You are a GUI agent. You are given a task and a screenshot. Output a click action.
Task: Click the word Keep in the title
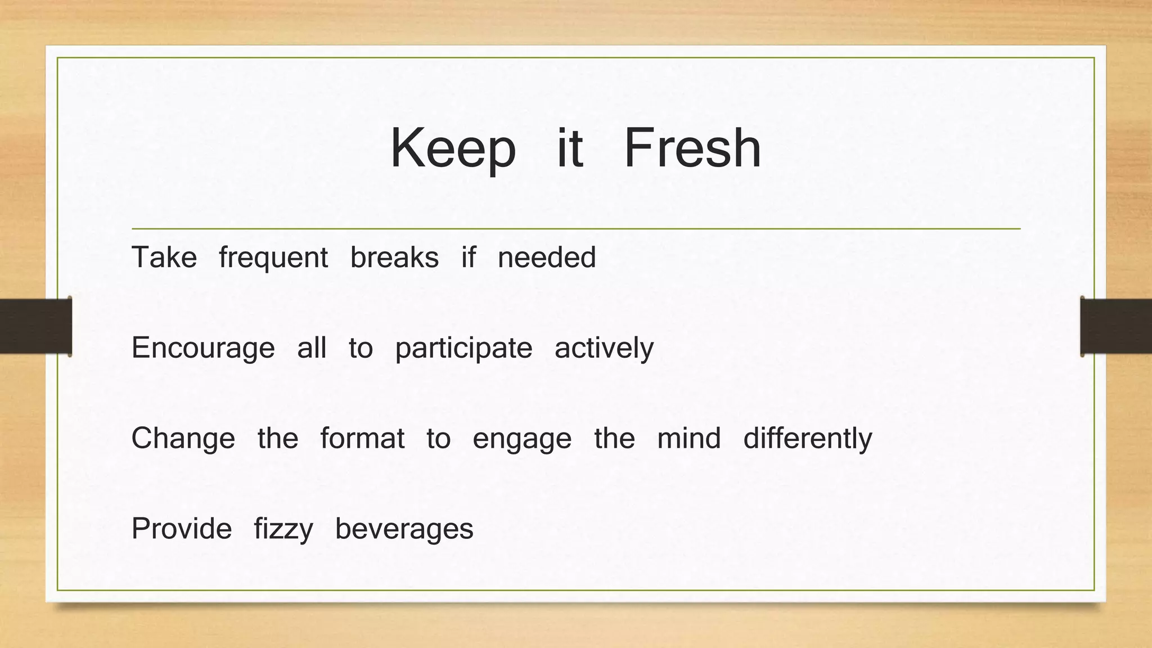[x=453, y=148]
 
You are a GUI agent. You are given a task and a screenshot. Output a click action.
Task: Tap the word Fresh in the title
[x=692, y=148]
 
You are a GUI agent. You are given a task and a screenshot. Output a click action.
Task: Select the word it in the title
[x=570, y=148]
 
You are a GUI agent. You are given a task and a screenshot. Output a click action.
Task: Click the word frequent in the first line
[x=273, y=258]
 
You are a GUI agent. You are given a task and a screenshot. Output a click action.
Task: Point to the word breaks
[x=394, y=258]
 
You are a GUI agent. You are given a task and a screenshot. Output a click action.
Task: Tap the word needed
[x=547, y=258]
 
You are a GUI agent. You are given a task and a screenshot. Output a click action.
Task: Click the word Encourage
[x=203, y=348]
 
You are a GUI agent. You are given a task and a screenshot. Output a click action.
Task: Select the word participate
[x=463, y=348]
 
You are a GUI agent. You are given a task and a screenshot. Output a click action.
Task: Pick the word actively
[x=604, y=348]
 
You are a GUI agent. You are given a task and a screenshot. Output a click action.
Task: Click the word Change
[x=183, y=438]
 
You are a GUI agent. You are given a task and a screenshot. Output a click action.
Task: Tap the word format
[x=362, y=438]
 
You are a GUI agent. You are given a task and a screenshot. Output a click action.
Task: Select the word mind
[x=689, y=438]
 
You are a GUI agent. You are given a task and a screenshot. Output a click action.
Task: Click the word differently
[x=808, y=438]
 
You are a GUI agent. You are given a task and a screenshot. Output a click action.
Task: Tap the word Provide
[x=182, y=529]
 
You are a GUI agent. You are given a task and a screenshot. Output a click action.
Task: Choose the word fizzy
[x=283, y=529]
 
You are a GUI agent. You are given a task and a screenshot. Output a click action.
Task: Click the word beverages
[x=404, y=529]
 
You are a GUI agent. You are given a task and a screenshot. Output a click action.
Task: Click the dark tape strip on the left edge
[x=35, y=326]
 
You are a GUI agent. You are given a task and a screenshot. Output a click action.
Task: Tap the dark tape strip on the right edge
[x=1116, y=326]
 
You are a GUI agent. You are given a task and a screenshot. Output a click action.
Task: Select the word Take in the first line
[x=164, y=258]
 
